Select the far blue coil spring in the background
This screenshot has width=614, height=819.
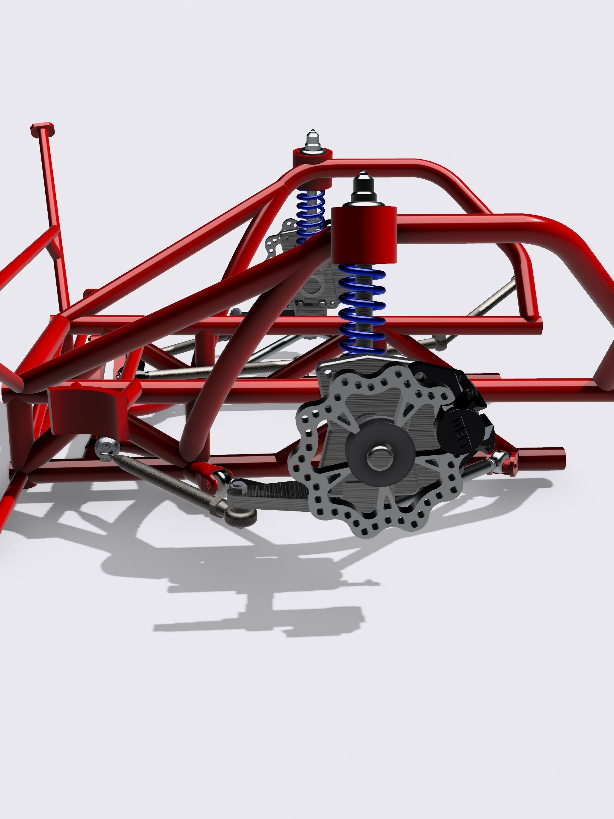310,215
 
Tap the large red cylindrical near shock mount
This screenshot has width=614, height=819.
363,235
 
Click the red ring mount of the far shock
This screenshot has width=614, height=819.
312,159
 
